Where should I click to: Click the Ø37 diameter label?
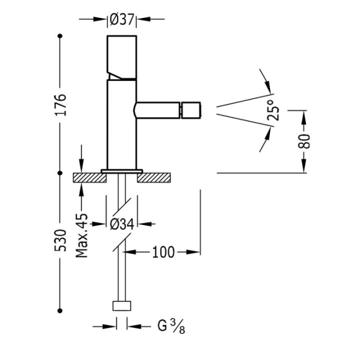coord(121,19)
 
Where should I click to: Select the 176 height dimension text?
coord(60,104)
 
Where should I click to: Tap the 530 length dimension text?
coord(60,240)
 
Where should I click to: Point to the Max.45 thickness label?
coord(81,235)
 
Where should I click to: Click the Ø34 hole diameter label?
coord(121,224)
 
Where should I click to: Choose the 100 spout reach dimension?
coord(163,252)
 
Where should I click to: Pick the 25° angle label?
coord(273,110)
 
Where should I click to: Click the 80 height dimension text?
coord(304,141)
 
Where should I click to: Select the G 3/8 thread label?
coord(171,326)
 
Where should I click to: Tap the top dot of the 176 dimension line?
coord(60,36)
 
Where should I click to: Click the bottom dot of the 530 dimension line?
coord(60,310)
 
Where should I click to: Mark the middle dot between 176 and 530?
coord(60,173)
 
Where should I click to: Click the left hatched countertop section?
coord(90,177)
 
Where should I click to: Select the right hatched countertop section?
coord(154,177)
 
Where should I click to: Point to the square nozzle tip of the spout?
coord(191,110)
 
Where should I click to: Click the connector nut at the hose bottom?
coord(122,306)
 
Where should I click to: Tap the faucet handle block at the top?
coord(122,57)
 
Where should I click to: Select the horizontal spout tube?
coord(157,110)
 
